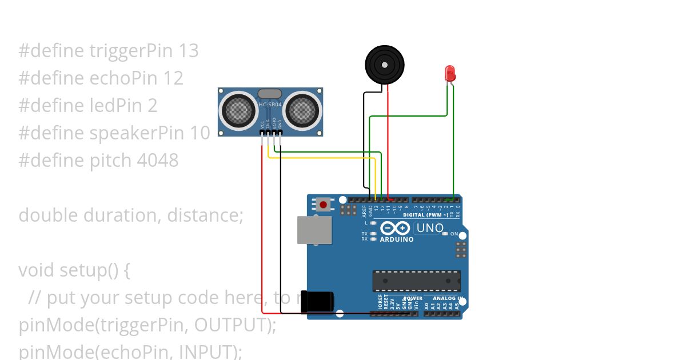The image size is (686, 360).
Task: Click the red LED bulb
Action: pos(450,73)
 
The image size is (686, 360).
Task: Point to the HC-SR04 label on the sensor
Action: pos(270,105)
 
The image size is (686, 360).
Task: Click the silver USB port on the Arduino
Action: pos(314,230)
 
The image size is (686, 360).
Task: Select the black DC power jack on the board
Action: pos(318,301)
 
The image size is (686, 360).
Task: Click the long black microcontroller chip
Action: pos(416,281)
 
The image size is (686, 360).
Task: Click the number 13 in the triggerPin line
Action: pos(188,51)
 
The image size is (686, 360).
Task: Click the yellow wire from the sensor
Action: pos(320,158)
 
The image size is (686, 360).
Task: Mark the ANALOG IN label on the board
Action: pos(448,298)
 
